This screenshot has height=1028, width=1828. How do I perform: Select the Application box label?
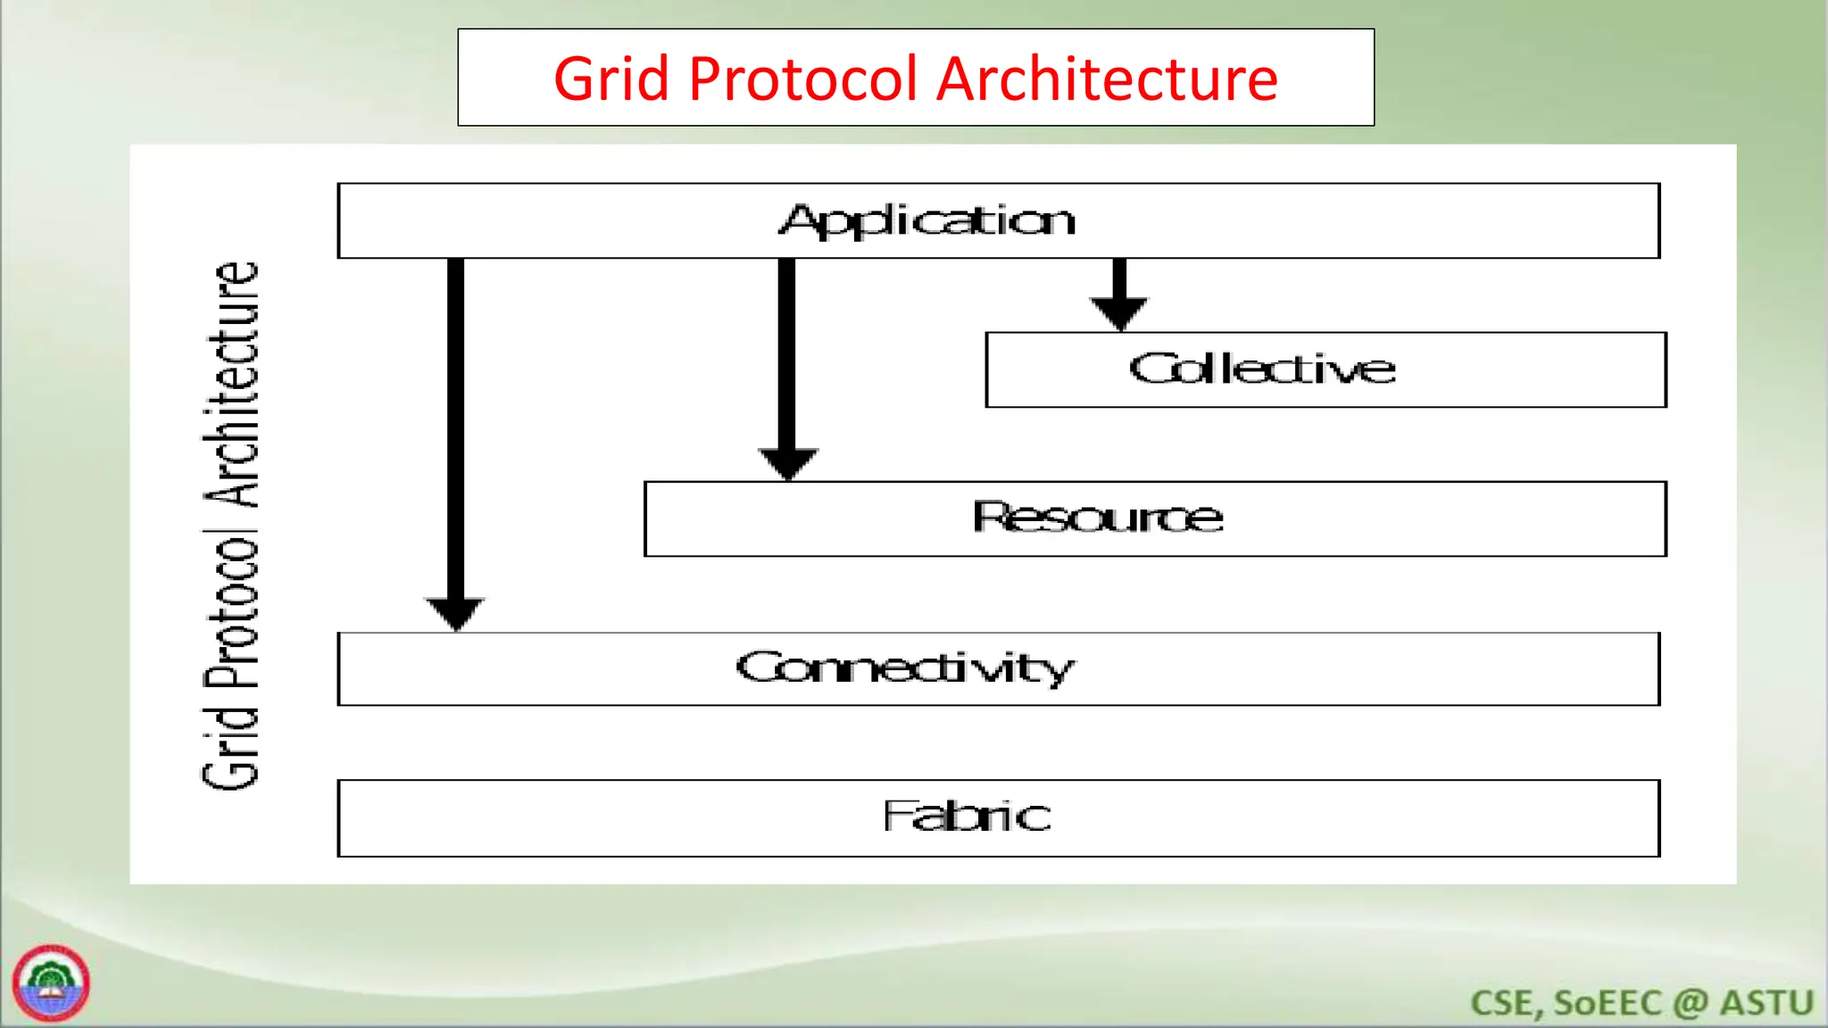tap(928, 220)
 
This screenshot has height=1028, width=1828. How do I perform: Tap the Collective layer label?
tap(1262, 369)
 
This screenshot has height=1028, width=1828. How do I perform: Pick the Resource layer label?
tap(1098, 518)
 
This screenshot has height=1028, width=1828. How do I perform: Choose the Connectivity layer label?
tap(905, 668)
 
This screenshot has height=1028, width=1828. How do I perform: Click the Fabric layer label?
tap(967, 816)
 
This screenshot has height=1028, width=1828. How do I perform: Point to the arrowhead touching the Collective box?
tap(1119, 312)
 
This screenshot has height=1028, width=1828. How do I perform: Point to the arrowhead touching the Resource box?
tap(787, 462)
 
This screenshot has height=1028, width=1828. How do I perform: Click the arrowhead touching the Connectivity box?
tap(455, 612)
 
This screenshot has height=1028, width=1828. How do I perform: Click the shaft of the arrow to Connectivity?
tap(455, 428)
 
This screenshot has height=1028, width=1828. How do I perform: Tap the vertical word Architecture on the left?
tap(232, 384)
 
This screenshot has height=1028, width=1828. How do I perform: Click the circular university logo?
tap(51, 982)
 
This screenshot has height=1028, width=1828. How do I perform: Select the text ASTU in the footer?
tap(1766, 1003)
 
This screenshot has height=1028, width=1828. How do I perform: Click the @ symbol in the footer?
tap(1691, 1003)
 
